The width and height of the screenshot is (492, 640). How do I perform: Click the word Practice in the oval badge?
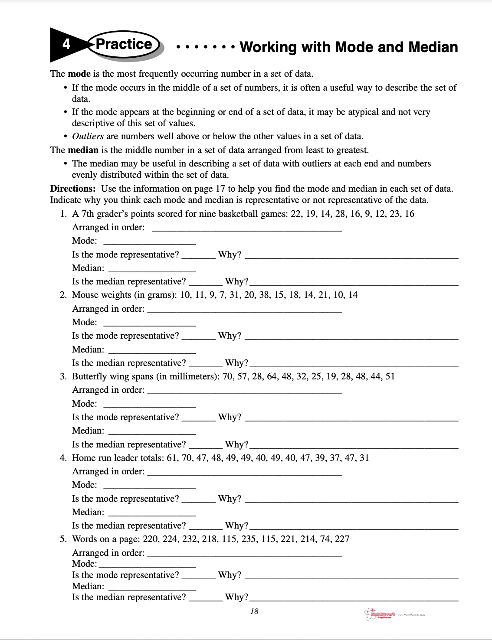[x=124, y=44]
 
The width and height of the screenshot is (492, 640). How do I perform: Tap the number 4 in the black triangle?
[x=66, y=44]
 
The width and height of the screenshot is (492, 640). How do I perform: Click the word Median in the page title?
[x=428, y=47]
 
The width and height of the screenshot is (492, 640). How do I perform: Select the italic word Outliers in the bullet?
[x=88, y=136]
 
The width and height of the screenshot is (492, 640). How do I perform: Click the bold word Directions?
[x=72, y=189]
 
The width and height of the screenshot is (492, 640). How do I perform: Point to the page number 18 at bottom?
[x=254, y=611]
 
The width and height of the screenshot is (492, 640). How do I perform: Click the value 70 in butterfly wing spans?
[x=228, y=376]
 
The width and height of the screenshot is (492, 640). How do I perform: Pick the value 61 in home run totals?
[x=172, y=458]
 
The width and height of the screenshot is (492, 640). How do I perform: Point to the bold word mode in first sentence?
[x=79, y=74]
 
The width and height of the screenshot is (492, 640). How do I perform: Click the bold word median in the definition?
[x=83, y=150]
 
